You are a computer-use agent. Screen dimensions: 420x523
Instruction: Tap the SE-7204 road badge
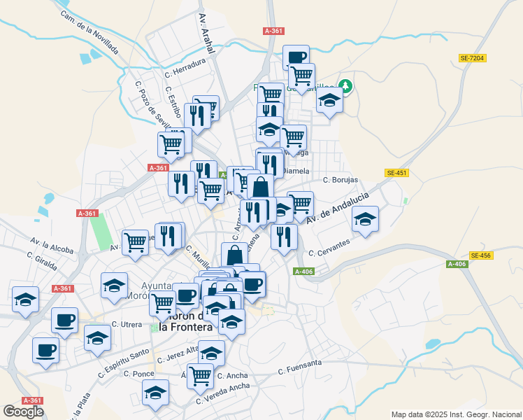(473, 59)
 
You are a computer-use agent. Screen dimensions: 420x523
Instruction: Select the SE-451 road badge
(396, 173)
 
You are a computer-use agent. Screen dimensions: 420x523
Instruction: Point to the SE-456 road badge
(481, 255)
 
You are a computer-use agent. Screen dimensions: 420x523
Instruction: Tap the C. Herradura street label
(185, 66)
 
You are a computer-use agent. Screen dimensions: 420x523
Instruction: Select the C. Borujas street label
(341, 180)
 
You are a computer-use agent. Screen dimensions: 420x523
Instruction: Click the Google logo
(23, 412)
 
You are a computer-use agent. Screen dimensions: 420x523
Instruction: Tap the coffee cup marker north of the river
(296, 57)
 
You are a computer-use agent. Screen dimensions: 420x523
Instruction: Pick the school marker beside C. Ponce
(156, 394)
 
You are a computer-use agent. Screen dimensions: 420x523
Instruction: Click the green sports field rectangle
(103, 230)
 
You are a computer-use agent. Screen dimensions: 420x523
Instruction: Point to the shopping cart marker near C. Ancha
(201, 376)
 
